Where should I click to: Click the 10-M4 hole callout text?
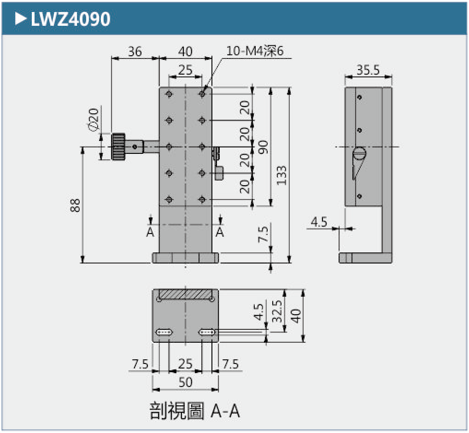[254, 51]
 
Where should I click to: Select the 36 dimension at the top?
[135, 51]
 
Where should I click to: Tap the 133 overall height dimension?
[282, 176]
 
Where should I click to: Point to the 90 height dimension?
[263, 148]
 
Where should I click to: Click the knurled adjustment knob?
[119, 147]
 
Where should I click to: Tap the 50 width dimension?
[185, 382]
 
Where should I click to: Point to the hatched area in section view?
[186, 294]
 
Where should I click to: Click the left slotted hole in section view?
[164, 332]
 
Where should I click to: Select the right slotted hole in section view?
[207, 332]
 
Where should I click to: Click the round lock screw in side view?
[359, 153]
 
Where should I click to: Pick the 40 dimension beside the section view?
[296, 316]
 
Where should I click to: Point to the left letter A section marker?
[150, 232]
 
